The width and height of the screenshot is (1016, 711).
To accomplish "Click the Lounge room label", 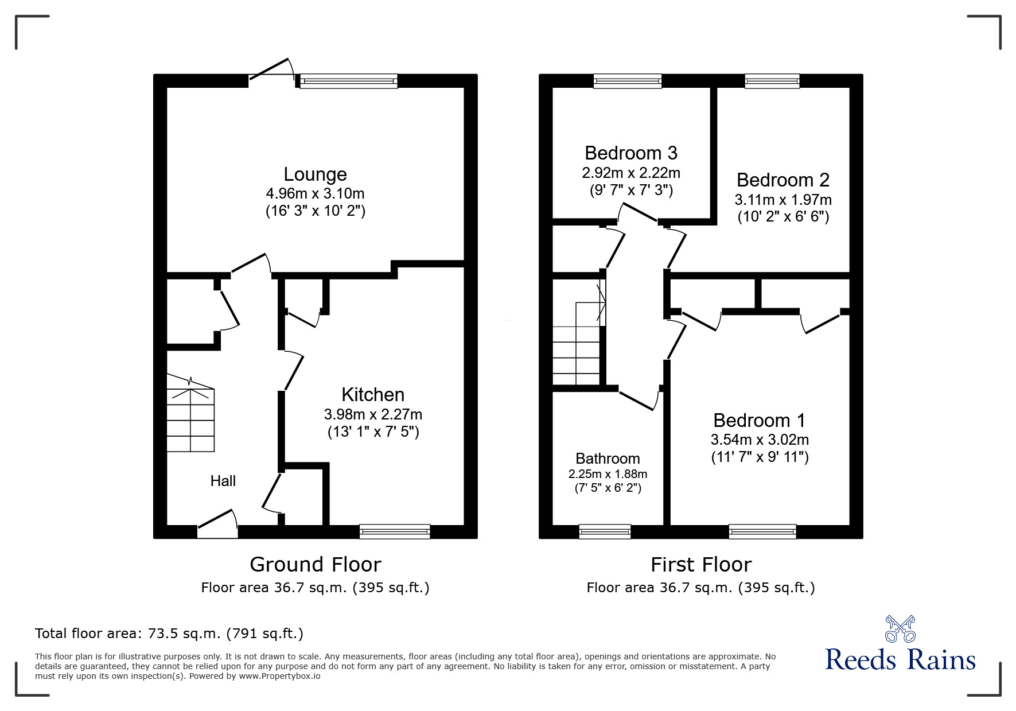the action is click(315, 174).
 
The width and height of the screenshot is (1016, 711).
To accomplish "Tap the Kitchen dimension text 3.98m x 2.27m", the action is click(373, 414).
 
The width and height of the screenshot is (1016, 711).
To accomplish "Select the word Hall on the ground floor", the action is click(223, 481).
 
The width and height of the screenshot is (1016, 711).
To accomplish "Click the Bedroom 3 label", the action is click(631, 153).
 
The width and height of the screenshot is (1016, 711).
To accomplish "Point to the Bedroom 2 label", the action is click(783, 180).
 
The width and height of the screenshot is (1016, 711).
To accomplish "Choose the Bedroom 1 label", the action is click(760, 421).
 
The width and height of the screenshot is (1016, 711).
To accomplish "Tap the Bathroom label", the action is click(608, 459).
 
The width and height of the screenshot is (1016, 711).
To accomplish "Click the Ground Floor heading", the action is click(315, 565).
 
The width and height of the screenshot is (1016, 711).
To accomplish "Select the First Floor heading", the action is click(700, 565).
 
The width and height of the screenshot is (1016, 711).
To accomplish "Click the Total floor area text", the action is click(169, 634).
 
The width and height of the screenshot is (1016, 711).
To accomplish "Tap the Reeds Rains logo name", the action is click(900, 659).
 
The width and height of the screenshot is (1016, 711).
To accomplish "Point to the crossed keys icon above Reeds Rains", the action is click(900, 629).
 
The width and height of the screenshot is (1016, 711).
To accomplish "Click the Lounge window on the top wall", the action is click(348, 81).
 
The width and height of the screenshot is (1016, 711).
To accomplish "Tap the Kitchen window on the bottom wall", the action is click(395, 532).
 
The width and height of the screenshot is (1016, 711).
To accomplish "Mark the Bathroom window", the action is click(605, 532).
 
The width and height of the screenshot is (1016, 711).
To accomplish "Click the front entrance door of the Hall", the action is click(217, 525).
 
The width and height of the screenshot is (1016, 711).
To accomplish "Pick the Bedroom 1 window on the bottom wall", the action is click(762, 532).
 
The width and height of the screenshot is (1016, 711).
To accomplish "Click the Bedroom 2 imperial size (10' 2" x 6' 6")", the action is click(783, 217).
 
